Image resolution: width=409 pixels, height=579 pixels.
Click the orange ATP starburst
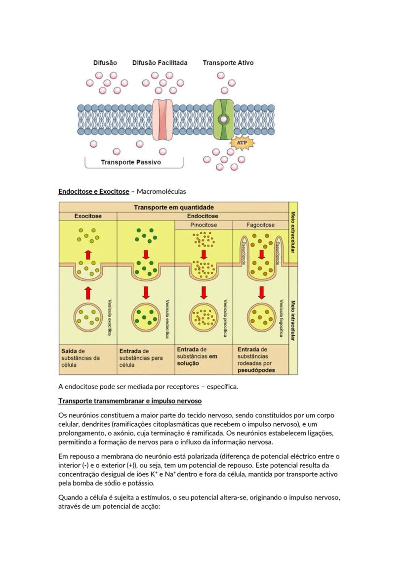[x=242, y=143]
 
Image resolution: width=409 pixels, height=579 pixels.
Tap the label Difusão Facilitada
[x=160, y=63]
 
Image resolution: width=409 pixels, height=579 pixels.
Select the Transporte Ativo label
[x=228, y=63]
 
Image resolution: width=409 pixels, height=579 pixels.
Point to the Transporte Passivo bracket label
[x=130, y=162]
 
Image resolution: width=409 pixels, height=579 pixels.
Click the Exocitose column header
[x=88, y=216]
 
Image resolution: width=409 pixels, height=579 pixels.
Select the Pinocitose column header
[x=204, y=225]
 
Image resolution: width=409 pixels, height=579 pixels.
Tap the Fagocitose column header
[x=260, y=225]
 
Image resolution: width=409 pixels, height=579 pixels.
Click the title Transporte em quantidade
[x=174, y=207]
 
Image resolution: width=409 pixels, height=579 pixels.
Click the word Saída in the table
[x=70, y=351]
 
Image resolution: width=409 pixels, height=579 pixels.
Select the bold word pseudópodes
[x=256, y=370]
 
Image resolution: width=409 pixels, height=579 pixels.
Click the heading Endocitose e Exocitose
[x=93, y=191]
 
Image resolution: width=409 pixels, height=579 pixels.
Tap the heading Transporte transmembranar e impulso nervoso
[x=130, y=401]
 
